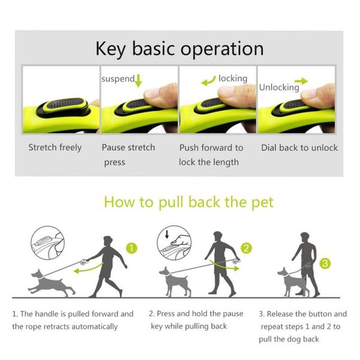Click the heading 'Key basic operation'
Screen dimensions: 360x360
179,49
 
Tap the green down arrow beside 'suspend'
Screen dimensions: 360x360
139,80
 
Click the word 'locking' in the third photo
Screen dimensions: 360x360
233,79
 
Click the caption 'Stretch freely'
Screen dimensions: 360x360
55,148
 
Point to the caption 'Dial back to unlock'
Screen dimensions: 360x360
299,148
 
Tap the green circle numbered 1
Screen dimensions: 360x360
133,247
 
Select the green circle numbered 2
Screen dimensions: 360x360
246,248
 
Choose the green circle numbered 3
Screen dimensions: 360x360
325,263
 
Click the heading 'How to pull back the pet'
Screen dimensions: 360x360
188,202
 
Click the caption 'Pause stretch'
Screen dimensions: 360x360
128,148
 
